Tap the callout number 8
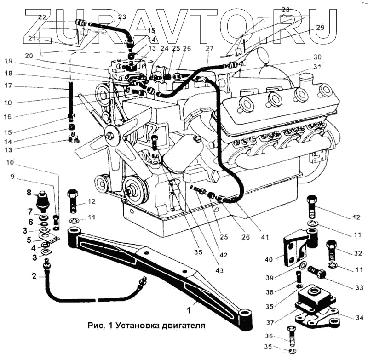[x=29, y=193]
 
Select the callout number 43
[x=219, y=270]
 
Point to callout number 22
[x=42, y=17]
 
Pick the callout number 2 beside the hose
[x=34, y=276]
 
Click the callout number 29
[x=320, y=28]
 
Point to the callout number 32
[x=359, y=252]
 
